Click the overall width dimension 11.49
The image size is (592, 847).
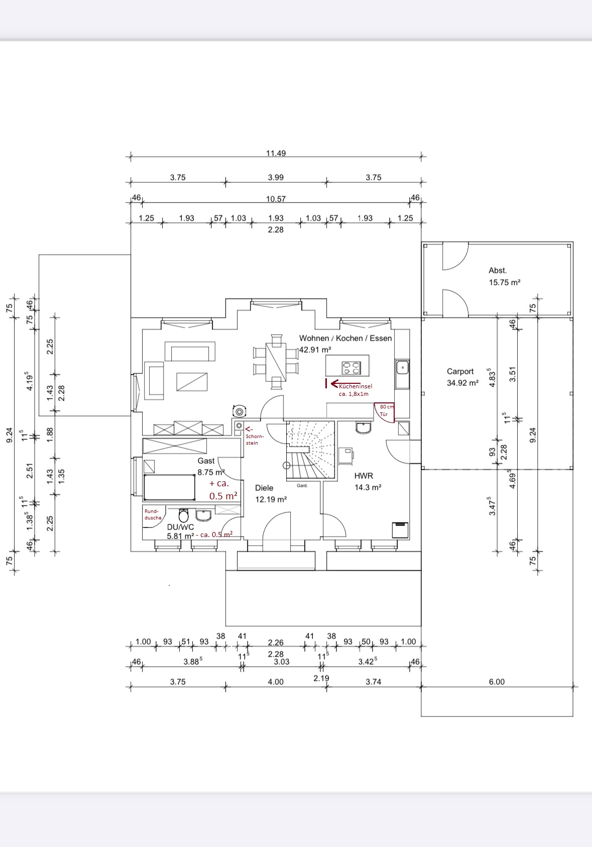pos(276,153)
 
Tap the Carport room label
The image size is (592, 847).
pos(460,371)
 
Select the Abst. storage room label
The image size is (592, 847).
pos(498,270)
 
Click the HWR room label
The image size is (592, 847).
pos(364,475)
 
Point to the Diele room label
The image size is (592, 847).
pos(264,488)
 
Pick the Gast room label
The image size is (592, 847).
pos(206,461)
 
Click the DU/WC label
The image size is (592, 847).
pos(180,527)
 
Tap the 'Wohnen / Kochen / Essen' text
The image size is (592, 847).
pos(345,338)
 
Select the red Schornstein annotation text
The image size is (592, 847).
pos(254,440)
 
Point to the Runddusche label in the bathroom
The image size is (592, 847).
pos(153,514)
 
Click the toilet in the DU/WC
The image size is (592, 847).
pos(184,515)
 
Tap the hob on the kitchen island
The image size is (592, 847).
pos(351,368)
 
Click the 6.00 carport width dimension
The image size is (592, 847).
pos(496,682)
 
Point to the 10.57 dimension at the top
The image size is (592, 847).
pos(276,199)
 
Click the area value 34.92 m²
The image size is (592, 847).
pos(462,383)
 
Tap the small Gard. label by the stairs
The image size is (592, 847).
pos(302,486)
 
